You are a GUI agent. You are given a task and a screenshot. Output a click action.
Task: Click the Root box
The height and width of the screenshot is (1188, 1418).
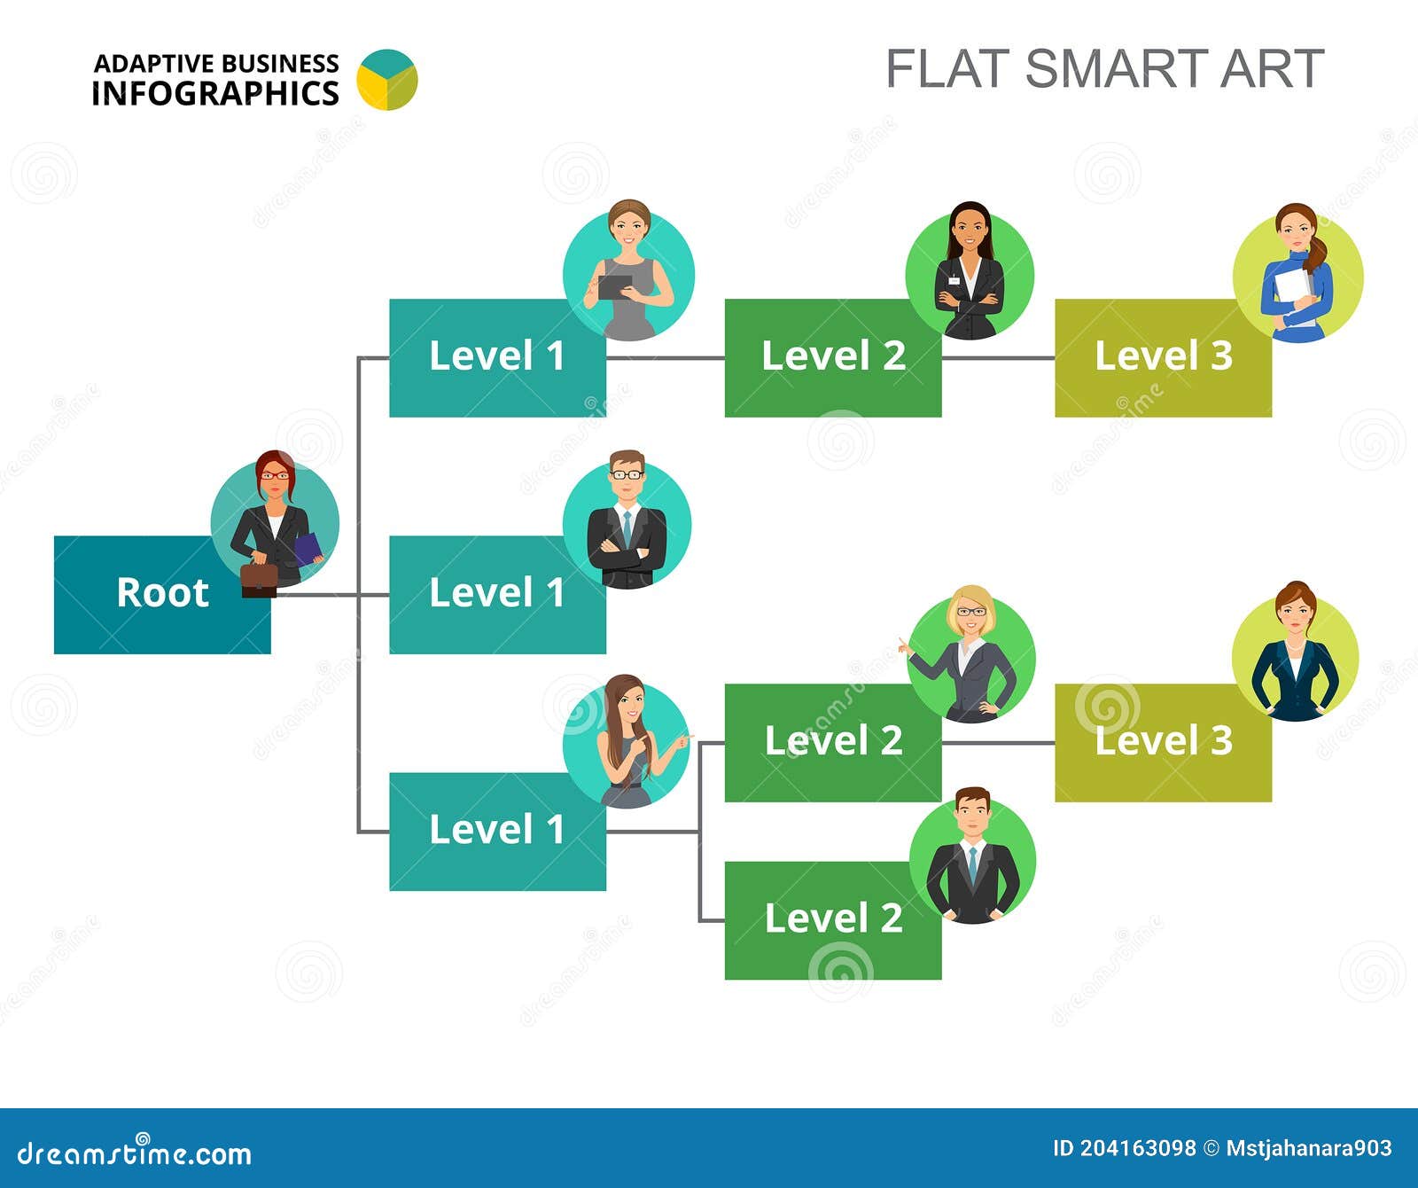click(162, 594)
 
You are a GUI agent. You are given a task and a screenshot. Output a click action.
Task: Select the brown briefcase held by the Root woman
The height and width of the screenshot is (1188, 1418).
click(259, 578)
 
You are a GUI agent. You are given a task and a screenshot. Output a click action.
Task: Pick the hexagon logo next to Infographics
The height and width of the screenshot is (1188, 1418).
click(387, 80)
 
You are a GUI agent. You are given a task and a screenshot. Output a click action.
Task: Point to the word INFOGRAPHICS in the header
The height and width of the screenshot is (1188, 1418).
click(215, 93)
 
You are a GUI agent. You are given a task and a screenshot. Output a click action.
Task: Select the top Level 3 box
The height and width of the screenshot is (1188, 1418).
click(1163, 357)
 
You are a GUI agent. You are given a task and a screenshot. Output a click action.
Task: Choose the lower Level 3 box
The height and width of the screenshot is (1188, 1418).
click(1163, 742)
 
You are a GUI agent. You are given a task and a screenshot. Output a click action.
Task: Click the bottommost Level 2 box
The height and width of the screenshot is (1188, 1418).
click(833, 920)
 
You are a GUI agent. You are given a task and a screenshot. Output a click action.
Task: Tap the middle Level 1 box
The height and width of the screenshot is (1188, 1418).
click(497, 594)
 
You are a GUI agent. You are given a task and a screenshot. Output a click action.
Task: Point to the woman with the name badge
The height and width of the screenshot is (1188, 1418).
click(970, 270)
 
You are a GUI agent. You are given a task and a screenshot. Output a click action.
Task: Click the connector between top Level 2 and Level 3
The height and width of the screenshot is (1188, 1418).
click(998, 358)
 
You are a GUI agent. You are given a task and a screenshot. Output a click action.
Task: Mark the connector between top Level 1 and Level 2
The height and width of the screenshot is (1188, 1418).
click(666, 358)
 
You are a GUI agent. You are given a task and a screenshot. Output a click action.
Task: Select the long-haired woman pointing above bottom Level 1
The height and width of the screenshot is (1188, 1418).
click(635, 741)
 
